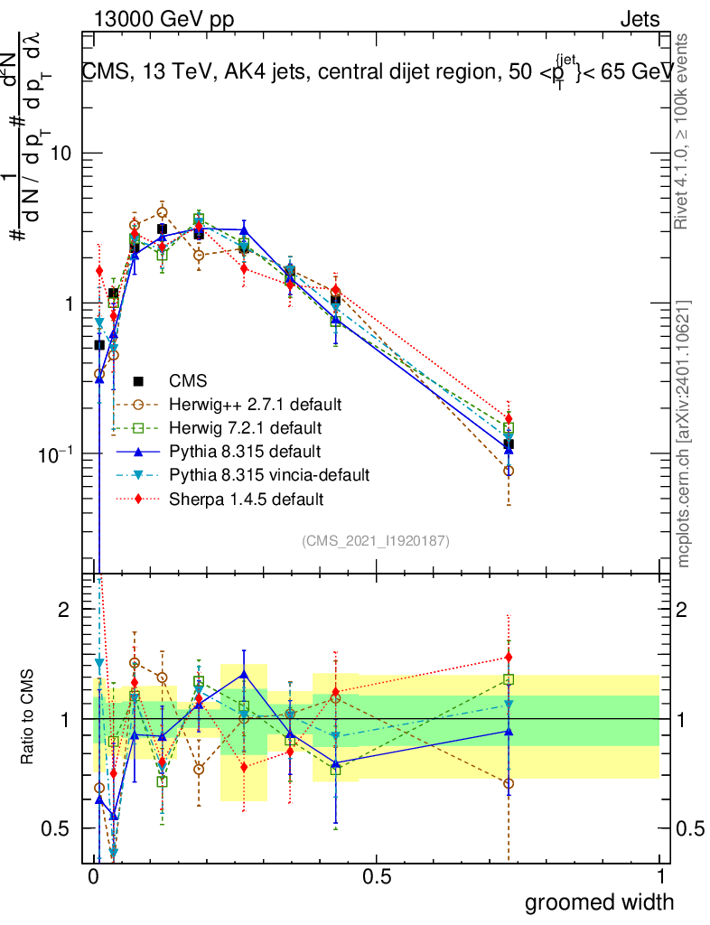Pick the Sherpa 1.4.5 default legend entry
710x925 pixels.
247,498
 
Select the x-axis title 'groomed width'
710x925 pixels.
600,902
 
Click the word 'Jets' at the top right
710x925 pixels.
640,19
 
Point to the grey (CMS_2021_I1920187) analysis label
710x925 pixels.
376,540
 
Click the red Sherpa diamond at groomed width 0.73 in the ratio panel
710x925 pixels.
509,658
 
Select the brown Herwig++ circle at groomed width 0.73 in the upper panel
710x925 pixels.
509,471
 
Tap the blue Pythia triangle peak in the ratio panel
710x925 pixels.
244,674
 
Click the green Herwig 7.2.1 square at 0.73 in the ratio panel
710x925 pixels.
509,679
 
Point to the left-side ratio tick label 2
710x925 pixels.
64,610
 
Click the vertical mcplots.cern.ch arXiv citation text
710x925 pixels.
684,434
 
